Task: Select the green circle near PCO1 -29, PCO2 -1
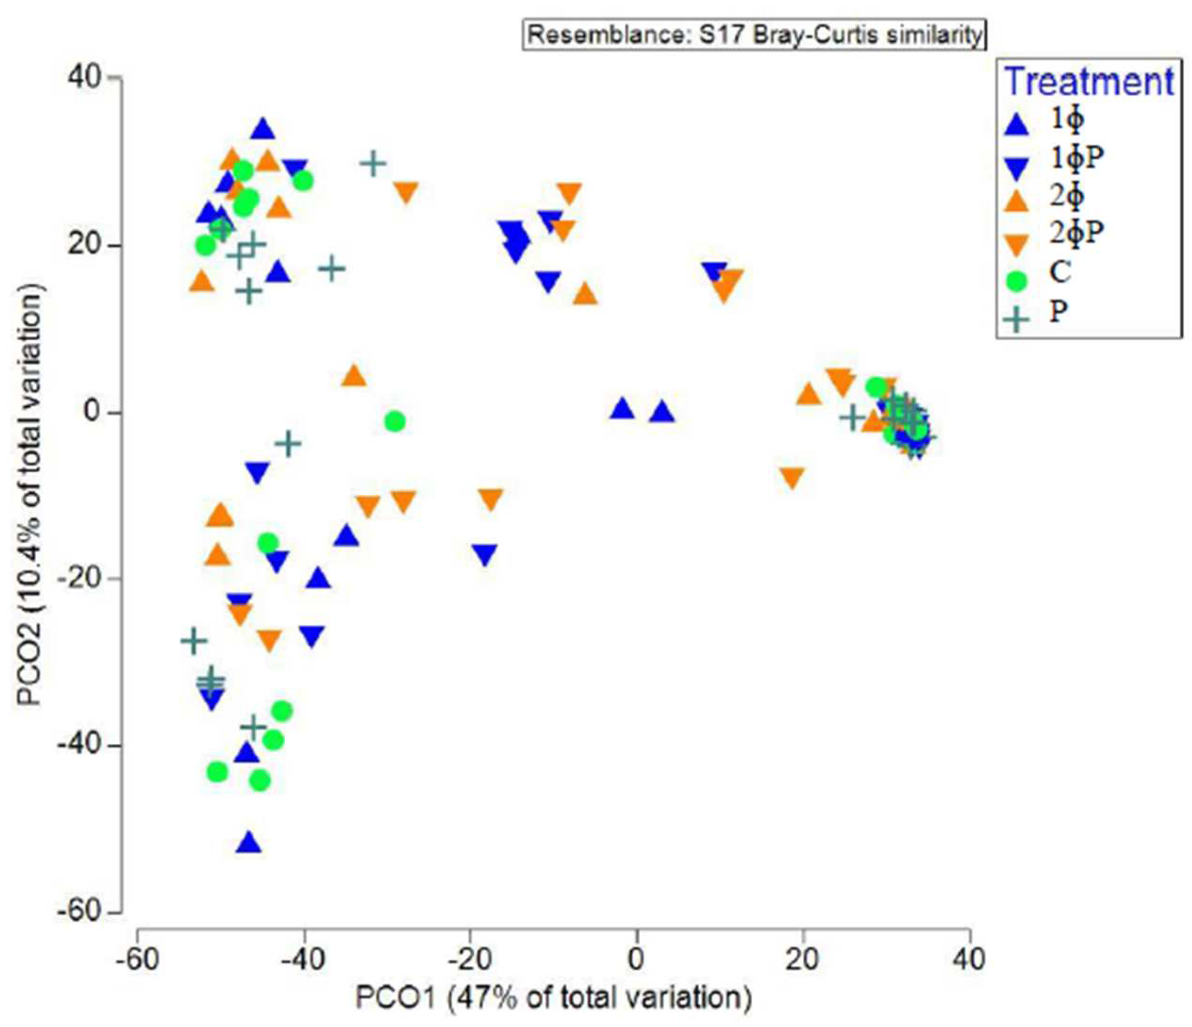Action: click(395, 421)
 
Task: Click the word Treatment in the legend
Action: click(1090, 82)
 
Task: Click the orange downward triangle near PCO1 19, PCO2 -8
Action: click(792, 478)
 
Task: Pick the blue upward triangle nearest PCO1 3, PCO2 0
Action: click(662, 412)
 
